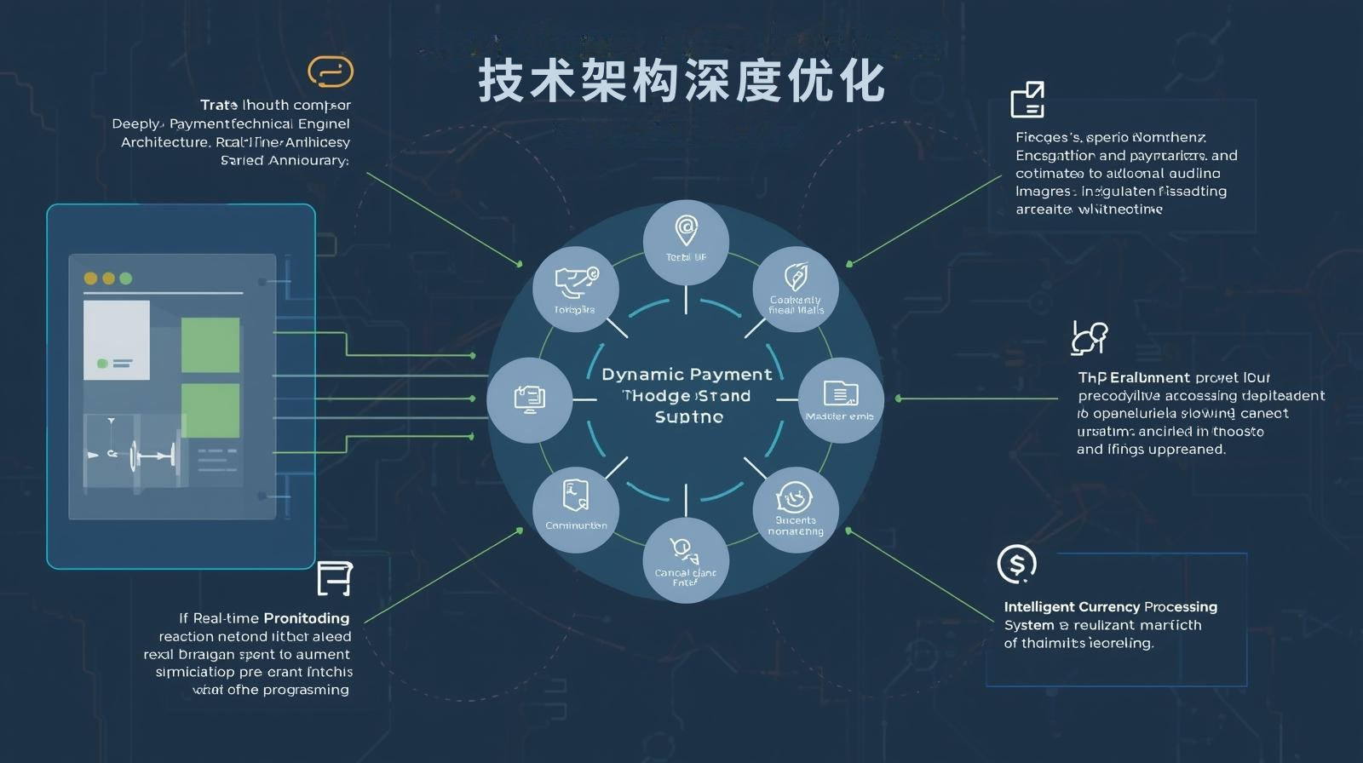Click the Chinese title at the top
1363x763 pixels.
tap(681, 82)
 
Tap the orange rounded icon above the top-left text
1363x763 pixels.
tap(331, 72)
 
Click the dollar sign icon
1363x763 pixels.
tap(1016, 564)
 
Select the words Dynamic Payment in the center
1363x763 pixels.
tap(687, 375)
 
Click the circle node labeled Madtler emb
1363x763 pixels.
tap(840, 399)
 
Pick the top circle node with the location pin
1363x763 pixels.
tap(686, 242)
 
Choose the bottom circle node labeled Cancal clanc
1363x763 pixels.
tap(686, 559)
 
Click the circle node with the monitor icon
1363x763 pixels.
tap(529, 399)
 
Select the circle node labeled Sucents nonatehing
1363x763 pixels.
tap(796, 509)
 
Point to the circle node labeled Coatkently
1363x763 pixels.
tap(796, 290)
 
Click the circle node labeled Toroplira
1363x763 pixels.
tap(576, 290)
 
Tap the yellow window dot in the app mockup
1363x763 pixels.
tap(90, 278)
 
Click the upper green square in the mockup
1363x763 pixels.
tap(210, 345)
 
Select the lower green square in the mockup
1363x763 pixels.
tap(210, 410)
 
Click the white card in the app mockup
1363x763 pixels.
tap(117, 340)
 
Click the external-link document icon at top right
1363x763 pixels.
tap(1027, 100)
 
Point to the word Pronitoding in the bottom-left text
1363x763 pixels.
tap(307, 618)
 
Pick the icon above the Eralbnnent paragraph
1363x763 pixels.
tap(1090, 338)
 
